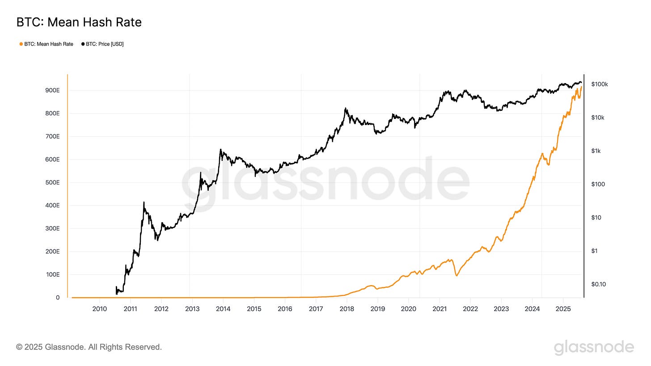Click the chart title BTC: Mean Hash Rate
click(79, 22)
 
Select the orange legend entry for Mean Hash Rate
click(46, 44)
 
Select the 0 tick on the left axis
click(58, 298)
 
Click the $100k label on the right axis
click(599, 84)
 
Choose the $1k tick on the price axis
click(596, 151)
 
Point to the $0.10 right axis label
click(598, 284)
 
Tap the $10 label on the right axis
click(596, 218)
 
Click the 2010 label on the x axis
click(99, 309)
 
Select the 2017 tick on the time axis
click(316, 309)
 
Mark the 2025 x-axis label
click(563, 309)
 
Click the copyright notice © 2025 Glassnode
click(89, 347)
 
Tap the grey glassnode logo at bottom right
click(594, 348)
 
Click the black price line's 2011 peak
click(144, 202)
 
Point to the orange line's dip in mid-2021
click(457, 275)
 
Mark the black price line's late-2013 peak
click(220, 150)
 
